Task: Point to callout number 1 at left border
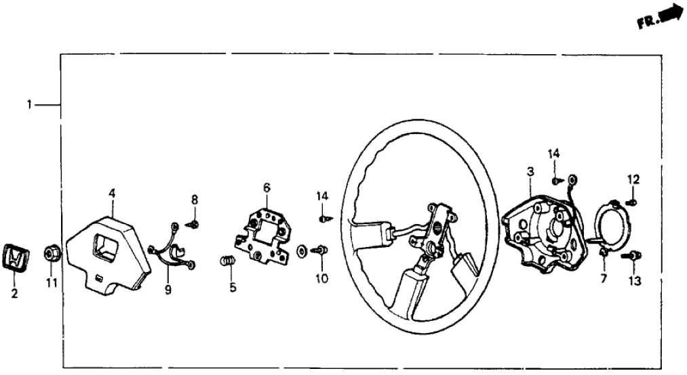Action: click(28, 105)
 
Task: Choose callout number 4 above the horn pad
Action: click(111, 194)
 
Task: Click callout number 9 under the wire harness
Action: click(168, 290)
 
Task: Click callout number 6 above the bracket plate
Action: click(267, 186)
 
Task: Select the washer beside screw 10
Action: click(302, 252)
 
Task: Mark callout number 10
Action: click(321, 278)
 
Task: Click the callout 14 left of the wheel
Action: click(321, 196)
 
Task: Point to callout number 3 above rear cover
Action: click(529, 173)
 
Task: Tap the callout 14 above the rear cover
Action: click(554, 153)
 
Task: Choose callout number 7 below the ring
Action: click(604, 278)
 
